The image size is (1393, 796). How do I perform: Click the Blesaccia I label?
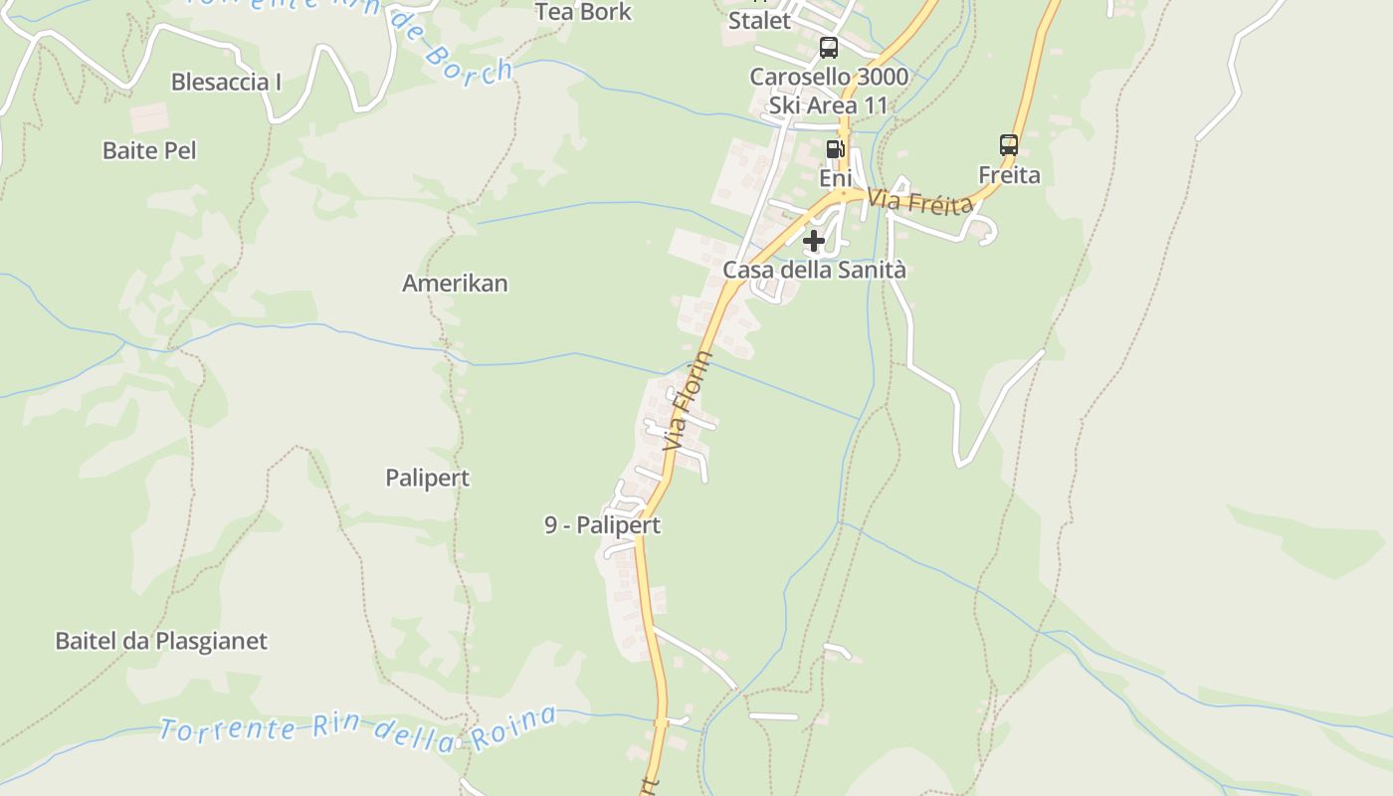[226, 82]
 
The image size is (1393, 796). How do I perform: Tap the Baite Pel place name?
[149, 150]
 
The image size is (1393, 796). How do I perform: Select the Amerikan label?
[455, 284]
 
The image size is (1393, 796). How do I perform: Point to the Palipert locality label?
[427, 478]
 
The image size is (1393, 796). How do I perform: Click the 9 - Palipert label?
[602, 525]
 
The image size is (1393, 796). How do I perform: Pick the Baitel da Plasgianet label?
[161, 641]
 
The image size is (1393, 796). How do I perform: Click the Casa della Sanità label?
[814, 270]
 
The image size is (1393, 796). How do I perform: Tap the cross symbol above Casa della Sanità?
[814, 241]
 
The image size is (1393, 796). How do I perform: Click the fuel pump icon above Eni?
[835, 149]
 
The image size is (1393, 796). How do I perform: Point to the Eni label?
[836, 178]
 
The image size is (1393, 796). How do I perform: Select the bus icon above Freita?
[1009, 145]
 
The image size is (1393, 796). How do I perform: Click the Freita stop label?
[1009, 176]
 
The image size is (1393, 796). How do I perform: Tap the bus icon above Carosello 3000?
[828, 47]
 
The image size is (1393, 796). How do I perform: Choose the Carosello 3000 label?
[829, 77]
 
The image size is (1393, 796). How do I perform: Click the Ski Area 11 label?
[828, 104]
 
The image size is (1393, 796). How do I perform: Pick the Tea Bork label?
[583, 12]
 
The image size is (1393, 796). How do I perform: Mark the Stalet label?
[759, 21]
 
